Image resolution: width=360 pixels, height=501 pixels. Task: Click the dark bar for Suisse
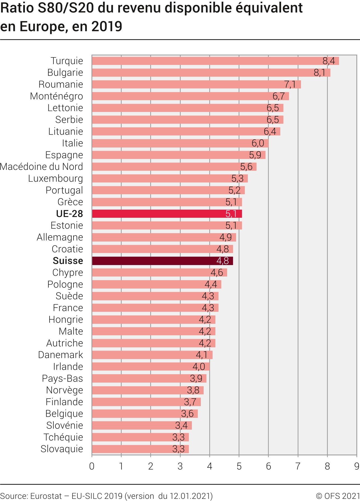[x=162, y=261]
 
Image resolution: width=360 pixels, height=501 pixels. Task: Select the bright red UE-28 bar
[x=167, y=214]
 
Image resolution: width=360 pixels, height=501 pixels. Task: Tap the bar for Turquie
[x=215, y=61]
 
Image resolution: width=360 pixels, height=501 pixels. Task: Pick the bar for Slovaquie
[x=140, y=449]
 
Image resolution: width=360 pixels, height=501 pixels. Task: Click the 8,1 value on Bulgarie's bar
[x=319, y=73]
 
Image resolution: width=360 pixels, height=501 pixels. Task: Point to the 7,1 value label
[x=290, y=85]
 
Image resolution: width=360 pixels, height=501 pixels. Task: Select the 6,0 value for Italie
[x=258, y=143]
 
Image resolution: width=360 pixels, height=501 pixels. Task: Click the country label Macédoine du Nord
[x=41, y=167]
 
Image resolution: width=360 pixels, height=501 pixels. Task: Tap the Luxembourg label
[x=55, y=179]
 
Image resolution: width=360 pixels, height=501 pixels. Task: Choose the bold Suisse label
[x=68, y=261]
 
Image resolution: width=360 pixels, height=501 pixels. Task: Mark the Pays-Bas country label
[x=62, y=378]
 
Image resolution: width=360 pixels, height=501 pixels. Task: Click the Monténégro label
[x=57, y=96]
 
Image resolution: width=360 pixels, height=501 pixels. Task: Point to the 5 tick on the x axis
[x=239, y=466]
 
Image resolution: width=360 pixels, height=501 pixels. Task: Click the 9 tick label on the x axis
[x=357, y=466]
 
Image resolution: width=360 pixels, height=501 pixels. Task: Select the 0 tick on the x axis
[x=92, y=466]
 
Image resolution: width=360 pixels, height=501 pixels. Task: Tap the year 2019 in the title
[x=107, y=27]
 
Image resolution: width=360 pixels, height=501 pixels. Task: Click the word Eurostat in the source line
[x=46, y=496]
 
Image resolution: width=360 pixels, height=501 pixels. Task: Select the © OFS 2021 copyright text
[x=338, y=496]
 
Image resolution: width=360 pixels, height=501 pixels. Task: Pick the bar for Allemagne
[x=164, y=237]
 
